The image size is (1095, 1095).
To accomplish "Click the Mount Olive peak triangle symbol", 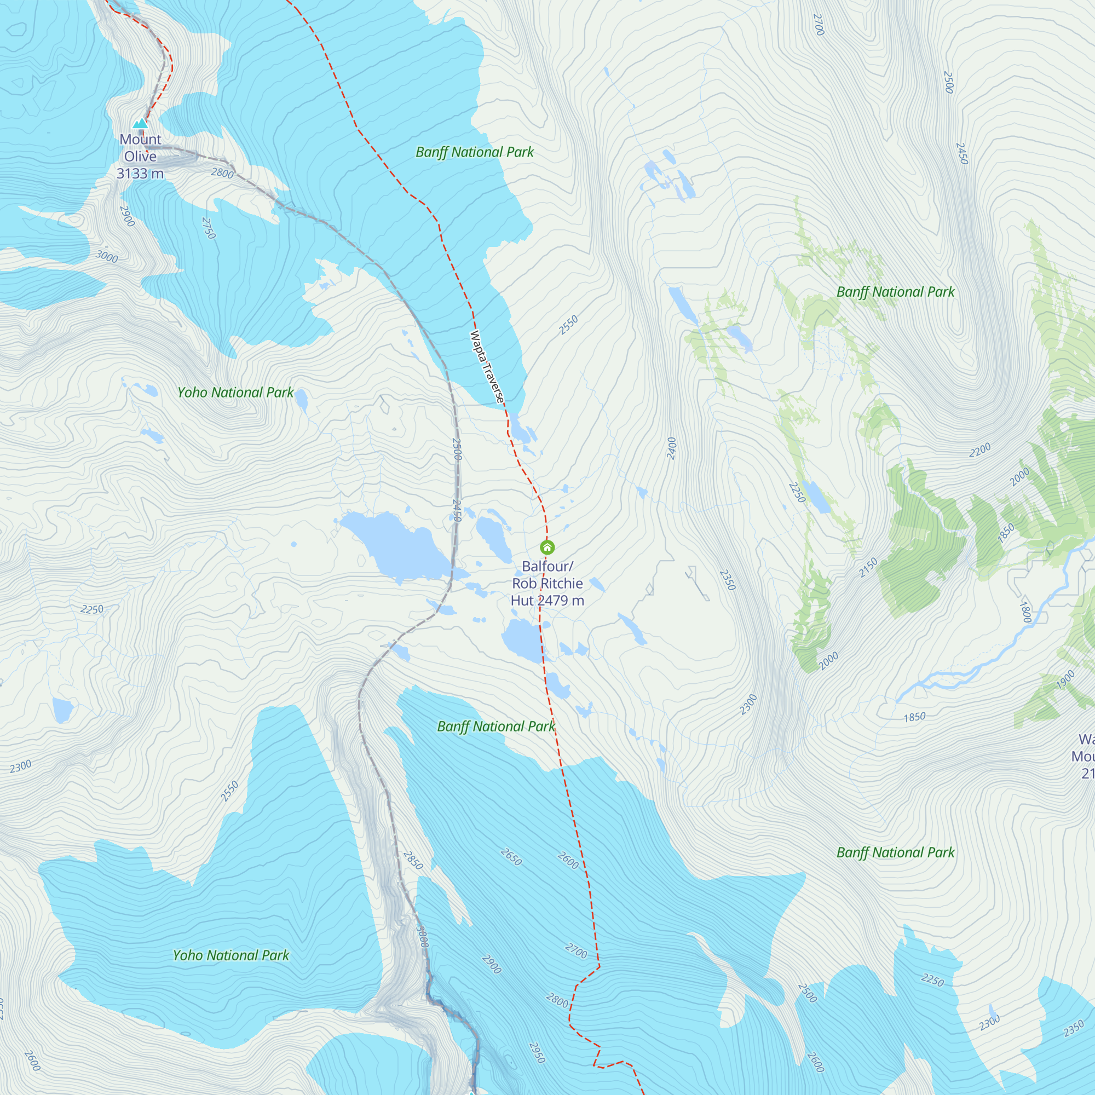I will coord(140,123).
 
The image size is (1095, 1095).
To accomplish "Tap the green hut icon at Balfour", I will coord(547,547).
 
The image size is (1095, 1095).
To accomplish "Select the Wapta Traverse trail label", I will coord(486,367).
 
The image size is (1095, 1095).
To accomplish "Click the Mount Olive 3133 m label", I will coord(140,157).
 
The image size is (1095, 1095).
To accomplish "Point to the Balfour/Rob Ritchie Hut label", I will coord(547,583).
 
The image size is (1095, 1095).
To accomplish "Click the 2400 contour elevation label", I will coord(672,448).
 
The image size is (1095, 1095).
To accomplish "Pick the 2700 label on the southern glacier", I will coord(576,951).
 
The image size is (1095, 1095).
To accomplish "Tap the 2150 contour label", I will coord(868,567).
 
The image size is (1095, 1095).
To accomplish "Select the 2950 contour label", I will coord(537,1052).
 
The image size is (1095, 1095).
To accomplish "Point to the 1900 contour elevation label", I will coord(1065,679).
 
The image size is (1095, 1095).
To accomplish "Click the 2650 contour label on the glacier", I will coord(511,857).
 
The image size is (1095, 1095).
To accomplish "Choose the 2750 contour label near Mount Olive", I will coord(209,228).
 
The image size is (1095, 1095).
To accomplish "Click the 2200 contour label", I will coord(980,450).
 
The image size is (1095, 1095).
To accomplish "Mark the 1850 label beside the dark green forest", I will coord(1005,533).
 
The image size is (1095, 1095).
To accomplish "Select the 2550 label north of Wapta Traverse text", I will coord(568,325).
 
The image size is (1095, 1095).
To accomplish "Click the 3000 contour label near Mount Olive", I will coord(107,257).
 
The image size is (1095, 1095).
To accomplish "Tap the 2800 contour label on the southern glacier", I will coord(557,1001).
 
